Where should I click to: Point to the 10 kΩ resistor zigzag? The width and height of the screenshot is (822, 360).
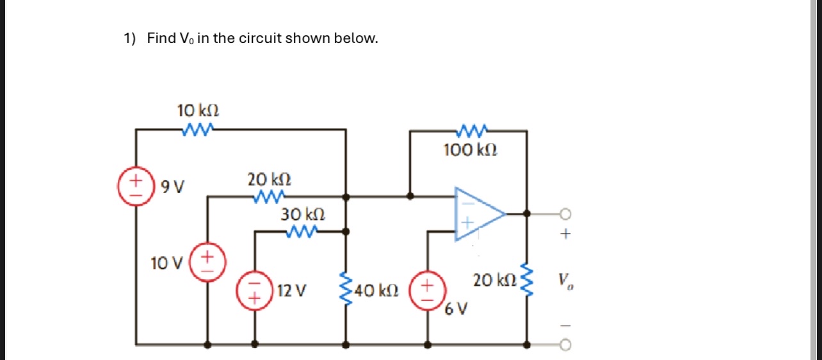pyautogui.click(x=197, y=130)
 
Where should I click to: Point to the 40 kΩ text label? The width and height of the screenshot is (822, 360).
pyautogui.click(x=377, y=291)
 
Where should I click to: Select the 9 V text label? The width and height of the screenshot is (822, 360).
pyautogui.click(x=172, y=187)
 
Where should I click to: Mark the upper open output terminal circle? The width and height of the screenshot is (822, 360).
pyautogui.click(x=565, y=213)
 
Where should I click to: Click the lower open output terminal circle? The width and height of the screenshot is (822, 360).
pyautogui.click(x=565, y=345)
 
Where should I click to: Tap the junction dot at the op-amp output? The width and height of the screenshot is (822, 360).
pyautogui.click(x=527, y=213)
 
